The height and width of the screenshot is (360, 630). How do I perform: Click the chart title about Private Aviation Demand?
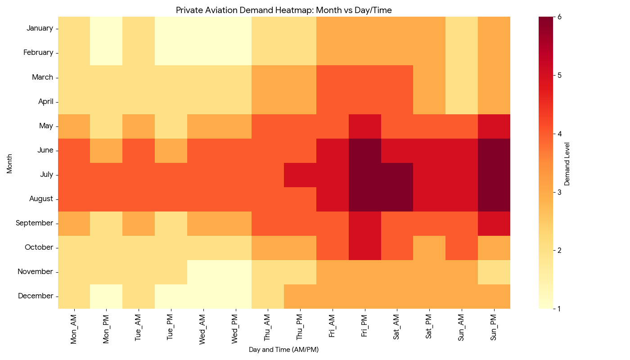[x=283, y=10]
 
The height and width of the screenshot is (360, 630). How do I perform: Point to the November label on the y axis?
[x=36, y=272]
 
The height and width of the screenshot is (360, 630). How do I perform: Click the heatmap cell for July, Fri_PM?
[x=364, y=175]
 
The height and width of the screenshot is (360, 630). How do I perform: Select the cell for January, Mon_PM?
[x=106, y=29]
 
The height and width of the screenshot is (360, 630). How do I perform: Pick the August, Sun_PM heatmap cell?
[x=494, y=199]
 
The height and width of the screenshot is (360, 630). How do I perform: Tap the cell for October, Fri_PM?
[x=364, y=247]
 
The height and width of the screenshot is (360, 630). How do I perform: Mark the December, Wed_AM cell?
[x=203, y=296]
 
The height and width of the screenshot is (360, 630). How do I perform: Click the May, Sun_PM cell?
[x=494, y=126]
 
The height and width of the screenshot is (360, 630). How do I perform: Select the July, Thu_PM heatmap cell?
[x=300, y=175]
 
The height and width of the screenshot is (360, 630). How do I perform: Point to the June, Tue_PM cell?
[x=171, y=150]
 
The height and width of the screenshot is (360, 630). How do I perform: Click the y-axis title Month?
[x=9, y=163]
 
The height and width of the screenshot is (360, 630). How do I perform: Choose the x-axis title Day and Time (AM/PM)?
[x=283, y=350]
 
